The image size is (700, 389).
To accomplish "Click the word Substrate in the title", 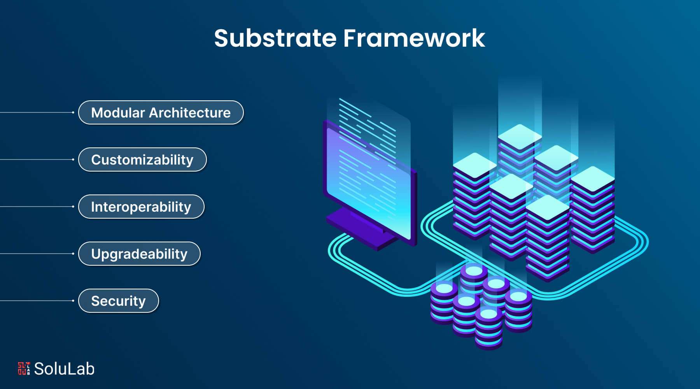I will tap(275, 39).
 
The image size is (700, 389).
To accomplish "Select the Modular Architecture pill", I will tap(161, 113).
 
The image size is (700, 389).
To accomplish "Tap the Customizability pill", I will tap(142, 160).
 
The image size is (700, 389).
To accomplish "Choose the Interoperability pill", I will tap(141, 207).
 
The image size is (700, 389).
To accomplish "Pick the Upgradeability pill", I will tap(139, 254).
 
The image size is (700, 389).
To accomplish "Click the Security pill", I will tap(118, 301).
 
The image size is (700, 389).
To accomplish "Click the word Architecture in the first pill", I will tap(190, 113).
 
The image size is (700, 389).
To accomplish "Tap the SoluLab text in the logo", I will tap(64, 369).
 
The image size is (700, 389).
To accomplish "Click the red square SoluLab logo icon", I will tap(24, 368).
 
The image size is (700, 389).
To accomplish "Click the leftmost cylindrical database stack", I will tap(444, 301).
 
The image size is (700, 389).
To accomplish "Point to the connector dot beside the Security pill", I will tap(73, 301).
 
